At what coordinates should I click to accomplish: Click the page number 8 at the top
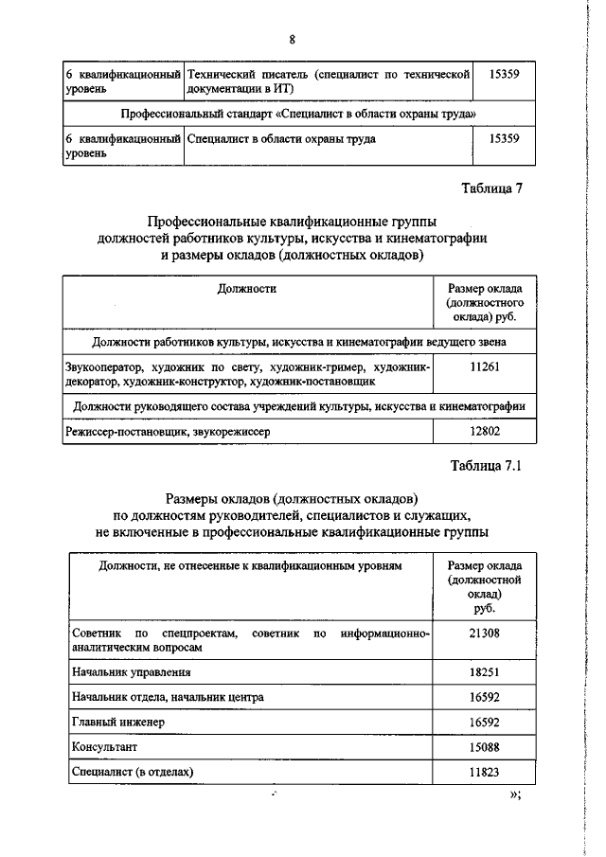tap(293, 39)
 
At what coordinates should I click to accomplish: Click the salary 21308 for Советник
tap(484, 632)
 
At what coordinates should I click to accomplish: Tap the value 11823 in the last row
tap(484, 773)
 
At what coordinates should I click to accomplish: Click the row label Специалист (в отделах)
tap(132, 773)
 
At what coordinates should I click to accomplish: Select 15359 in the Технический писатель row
tap(501, 73)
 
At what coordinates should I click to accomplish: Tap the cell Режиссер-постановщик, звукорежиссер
tap(167, 431)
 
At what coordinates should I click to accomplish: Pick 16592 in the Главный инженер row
tap(484, 722)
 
